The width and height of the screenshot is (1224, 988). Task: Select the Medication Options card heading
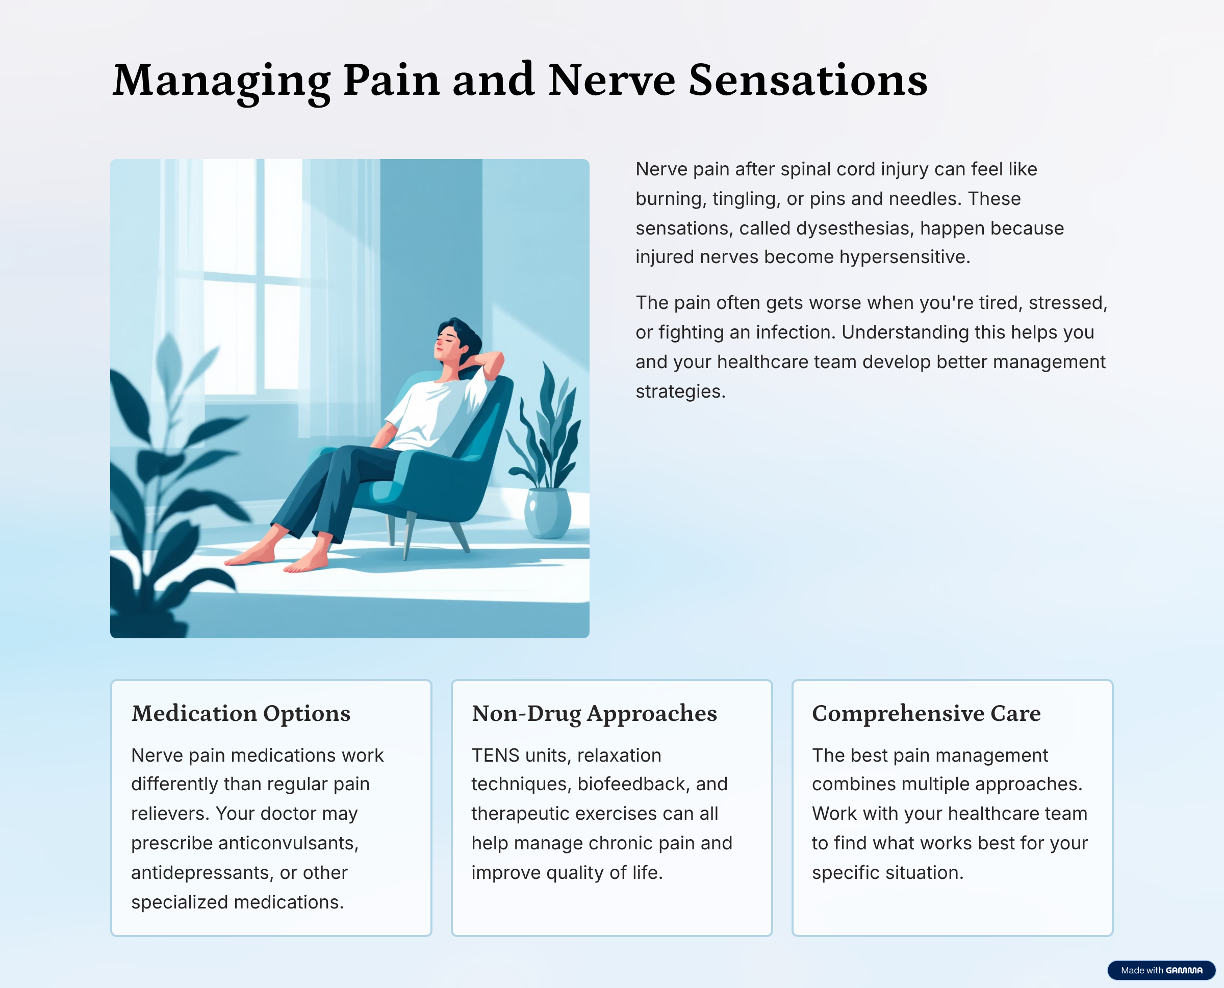[x=241, y=714]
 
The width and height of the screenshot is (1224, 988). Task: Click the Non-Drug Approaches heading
[x=594, y=714]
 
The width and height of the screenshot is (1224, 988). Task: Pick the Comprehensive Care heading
[x=926, y=714]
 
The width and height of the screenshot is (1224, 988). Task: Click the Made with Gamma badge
[x=1161, y=970]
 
